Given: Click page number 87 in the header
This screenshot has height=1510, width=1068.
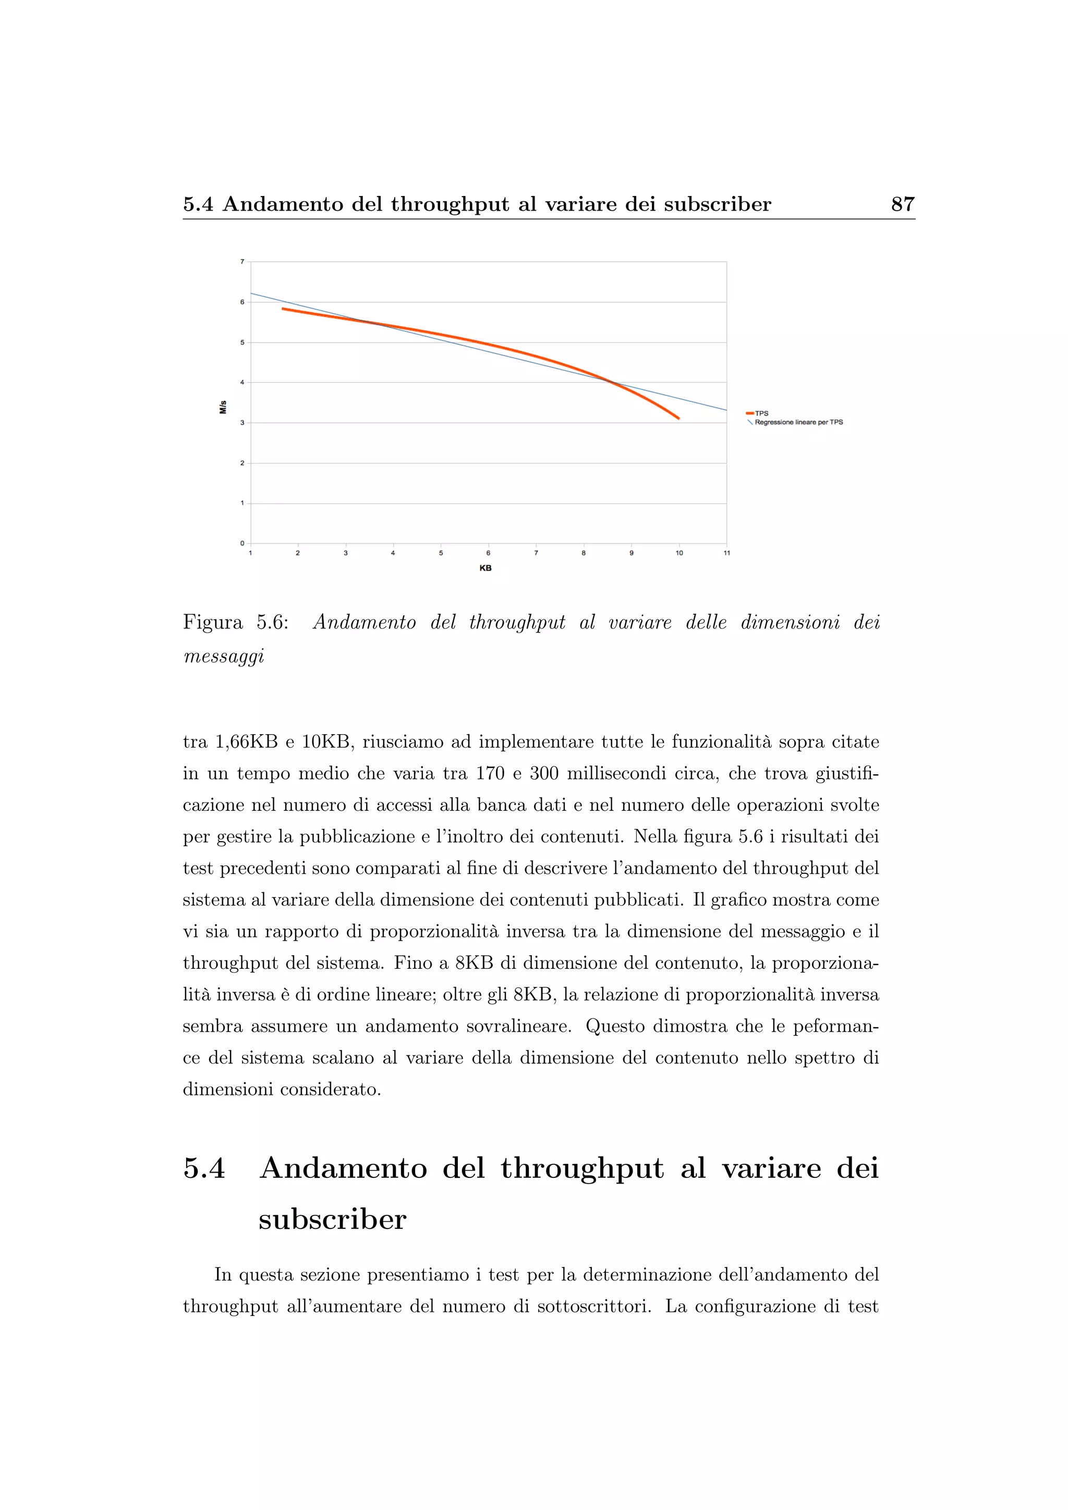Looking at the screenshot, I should (902, 204).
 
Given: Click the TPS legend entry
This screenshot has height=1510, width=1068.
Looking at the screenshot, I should (761, 413).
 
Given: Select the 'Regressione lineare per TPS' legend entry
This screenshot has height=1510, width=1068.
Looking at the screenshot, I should (798, 422).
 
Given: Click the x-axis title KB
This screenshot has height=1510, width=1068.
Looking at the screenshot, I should (486, 568).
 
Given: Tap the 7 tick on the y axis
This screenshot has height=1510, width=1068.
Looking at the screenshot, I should (242, 262).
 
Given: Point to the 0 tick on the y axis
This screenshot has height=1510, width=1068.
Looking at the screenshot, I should (242, 543).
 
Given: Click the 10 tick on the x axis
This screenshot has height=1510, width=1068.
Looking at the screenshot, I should (679, 553).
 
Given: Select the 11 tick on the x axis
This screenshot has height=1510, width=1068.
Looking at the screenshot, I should (726, 553).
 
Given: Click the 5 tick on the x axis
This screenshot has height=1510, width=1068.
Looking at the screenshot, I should (441, 553).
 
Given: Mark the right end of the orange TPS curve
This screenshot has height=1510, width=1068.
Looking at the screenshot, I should (678, 418).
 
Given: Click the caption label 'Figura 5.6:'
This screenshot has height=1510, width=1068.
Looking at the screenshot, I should (235, 622).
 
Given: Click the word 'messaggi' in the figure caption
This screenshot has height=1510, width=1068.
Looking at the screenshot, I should (224, 656).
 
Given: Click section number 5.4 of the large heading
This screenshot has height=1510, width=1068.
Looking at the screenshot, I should (204, 1168).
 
